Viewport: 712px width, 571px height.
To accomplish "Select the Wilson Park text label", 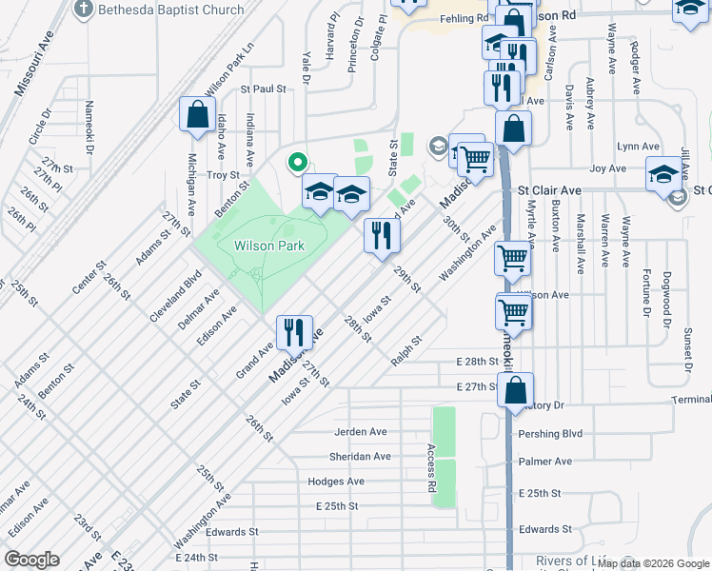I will [x=269, y=246].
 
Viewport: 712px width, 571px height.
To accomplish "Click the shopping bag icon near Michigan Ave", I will [x=197, y=115].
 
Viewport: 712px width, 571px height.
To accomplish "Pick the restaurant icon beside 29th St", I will [x=382, y=236].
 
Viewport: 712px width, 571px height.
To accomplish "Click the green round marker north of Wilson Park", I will [x=296, y=163].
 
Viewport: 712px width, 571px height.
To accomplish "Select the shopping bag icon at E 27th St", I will [x=515, y=391].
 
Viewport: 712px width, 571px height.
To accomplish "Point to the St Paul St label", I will [x=264, y=89].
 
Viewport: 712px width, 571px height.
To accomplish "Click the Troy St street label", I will [x=223, y=175].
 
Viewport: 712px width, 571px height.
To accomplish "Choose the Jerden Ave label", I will [x=360, y=431].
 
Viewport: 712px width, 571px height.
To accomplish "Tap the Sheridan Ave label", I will [x=362, y=456].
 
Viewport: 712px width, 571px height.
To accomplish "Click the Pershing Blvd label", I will [x=549, y=433].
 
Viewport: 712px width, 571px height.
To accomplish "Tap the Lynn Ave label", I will [x=638, y=147].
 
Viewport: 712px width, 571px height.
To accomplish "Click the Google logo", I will [x=32, y=559].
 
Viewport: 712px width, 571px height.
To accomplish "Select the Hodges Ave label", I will [x=336, y=482].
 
